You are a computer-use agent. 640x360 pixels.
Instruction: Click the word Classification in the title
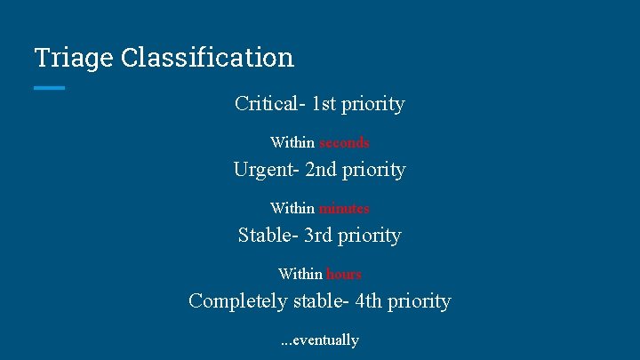(x=207, y=58)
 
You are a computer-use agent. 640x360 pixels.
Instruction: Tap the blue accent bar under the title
(x=50, y=87)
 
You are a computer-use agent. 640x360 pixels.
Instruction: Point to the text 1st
(x=326, y=104)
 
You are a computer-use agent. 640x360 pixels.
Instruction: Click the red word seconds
(x=344, y=142)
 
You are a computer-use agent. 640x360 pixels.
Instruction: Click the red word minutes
(x=344, y=208)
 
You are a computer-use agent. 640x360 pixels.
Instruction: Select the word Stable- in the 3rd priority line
(x=268, y=236)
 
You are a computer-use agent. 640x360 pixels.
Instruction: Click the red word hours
(x=344, y=274)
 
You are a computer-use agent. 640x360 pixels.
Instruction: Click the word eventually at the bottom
(x=325, y=340)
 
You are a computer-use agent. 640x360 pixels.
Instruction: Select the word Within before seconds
(x=292, y=142)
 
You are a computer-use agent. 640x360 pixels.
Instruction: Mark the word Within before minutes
(x=292, y=208)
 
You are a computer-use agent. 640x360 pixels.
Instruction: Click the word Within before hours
(x=300, y=274)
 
